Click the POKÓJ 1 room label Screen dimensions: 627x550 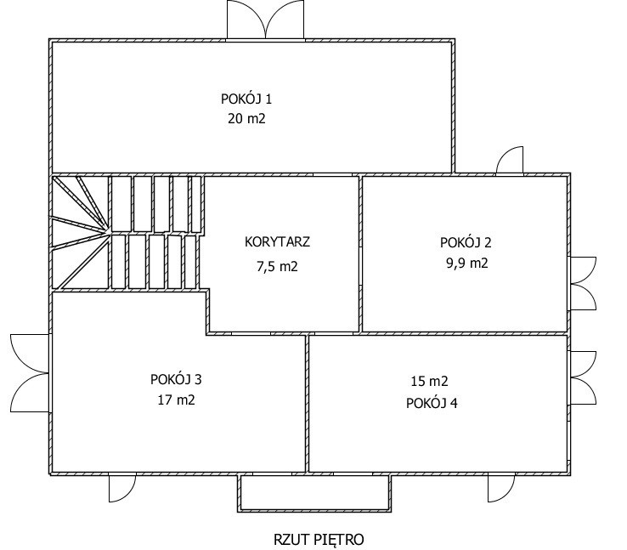click(246, 99)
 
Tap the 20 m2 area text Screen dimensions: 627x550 click(246, 119)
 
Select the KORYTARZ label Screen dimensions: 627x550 click(277, 242)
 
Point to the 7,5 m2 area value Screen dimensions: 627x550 click(277, 266)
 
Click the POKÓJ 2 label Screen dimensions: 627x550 click(466, 242)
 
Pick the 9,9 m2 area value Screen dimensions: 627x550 click(467, 264)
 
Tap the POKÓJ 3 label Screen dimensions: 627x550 click(176, 379)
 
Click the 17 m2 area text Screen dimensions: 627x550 click(177, 400)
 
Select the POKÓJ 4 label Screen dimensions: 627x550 click(432, 403)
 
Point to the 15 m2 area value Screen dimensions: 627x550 click(429, 381)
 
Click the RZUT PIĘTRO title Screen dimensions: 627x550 click(319, 540)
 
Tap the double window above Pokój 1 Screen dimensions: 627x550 click(266, 20)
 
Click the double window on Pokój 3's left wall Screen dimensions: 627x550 click(30, 373)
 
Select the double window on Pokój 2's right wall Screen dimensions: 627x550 click(583, 284)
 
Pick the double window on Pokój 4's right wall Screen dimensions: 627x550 click(583, 378)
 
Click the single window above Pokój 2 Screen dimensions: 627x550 click(510, 161)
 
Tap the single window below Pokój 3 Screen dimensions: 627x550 click(122, 488)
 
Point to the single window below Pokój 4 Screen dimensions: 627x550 click(501, 488)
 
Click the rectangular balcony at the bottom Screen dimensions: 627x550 click(314, 493)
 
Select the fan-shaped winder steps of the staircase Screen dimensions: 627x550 click(81, 232)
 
